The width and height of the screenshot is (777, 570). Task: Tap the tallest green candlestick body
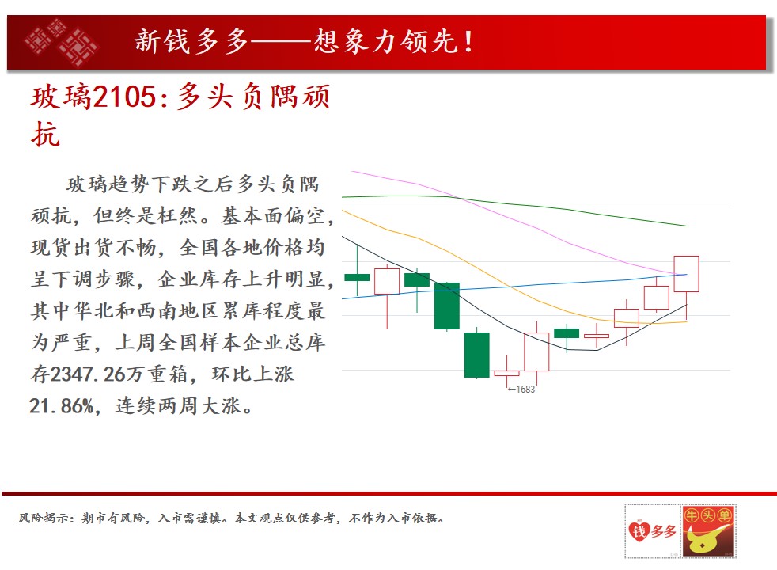[447, 306]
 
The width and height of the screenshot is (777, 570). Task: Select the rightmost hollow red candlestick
[686, 274]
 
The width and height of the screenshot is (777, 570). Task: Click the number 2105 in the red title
[124, 96]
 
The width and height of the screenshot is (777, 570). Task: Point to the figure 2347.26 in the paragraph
[87, 374]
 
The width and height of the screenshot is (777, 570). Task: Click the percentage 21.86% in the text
[62, 406]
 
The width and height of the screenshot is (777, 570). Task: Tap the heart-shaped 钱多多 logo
[652, 531]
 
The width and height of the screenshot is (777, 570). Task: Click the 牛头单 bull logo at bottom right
[708, 531]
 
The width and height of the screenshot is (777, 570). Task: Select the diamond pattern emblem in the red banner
[61, 43]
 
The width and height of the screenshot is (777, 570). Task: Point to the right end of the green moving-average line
[687, 226]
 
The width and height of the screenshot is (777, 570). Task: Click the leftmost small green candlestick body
[357, 277]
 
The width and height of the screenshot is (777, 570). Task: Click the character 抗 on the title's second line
[46, 134]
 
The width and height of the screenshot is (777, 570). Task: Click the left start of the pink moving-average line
[352, 172]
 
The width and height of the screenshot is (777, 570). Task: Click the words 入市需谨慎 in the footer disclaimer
[190, 518]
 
